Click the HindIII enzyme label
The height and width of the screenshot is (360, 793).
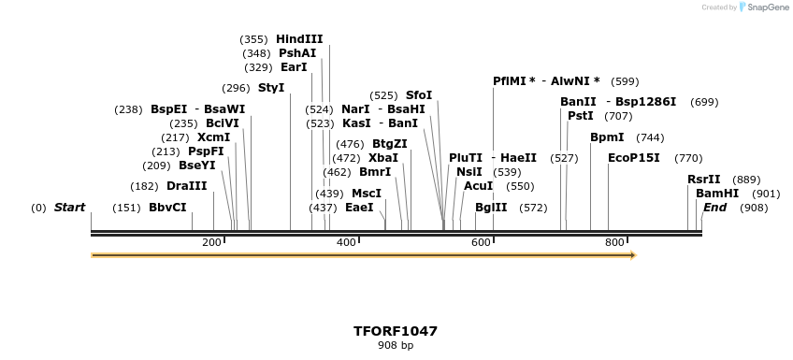pos(299,39)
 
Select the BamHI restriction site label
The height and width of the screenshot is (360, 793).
pos(717,194)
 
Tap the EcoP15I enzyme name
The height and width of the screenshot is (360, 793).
pos(634,158)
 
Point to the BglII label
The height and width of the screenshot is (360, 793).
pos(491,208)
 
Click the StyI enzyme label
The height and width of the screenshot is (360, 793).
pos(271,88)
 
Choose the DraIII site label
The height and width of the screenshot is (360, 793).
pos(187,186)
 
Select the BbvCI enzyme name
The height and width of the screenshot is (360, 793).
pos(167,208)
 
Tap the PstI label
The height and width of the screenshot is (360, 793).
pos(581,116)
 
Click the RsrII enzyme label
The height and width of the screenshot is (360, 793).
pos(704,180)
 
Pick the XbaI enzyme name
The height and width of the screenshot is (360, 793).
pos(383,158)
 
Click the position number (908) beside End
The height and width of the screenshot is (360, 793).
pos(754,208)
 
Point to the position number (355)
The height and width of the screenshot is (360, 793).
pos(253,39)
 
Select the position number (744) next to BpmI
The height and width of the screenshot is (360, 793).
pos(650,137)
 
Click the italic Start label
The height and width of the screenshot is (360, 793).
pos(69,208)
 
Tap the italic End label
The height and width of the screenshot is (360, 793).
pos(715,208)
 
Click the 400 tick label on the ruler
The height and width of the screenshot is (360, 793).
pos(346,243)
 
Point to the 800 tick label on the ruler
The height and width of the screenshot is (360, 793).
pos(614,243)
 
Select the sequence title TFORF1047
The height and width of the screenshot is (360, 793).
pos(396,331)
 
